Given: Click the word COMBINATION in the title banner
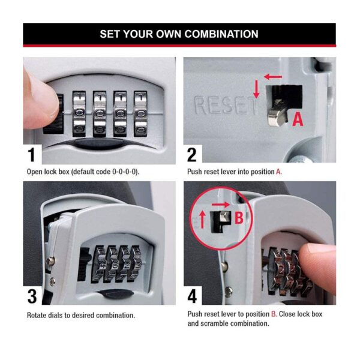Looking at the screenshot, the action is tap(221, 34).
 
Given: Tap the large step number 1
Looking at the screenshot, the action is tap(31, 155).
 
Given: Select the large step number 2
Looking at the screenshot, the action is tap(192, 155).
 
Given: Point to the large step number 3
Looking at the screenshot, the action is tap(32, 296).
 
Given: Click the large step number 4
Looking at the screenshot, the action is tap(192, 296).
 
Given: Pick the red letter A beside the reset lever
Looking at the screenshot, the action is tap(298, 119).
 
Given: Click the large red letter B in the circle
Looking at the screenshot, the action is tap(239, 217).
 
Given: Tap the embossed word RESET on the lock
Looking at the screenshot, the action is tap(226, 106).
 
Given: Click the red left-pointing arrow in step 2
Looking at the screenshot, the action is tap(273, 77).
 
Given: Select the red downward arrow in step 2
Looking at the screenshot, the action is tap(256, 89).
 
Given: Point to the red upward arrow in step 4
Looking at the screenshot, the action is tap(202, 220).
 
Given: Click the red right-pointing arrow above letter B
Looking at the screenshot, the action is tap(221, 204).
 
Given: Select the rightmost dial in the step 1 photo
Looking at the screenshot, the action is tap(140, 114).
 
